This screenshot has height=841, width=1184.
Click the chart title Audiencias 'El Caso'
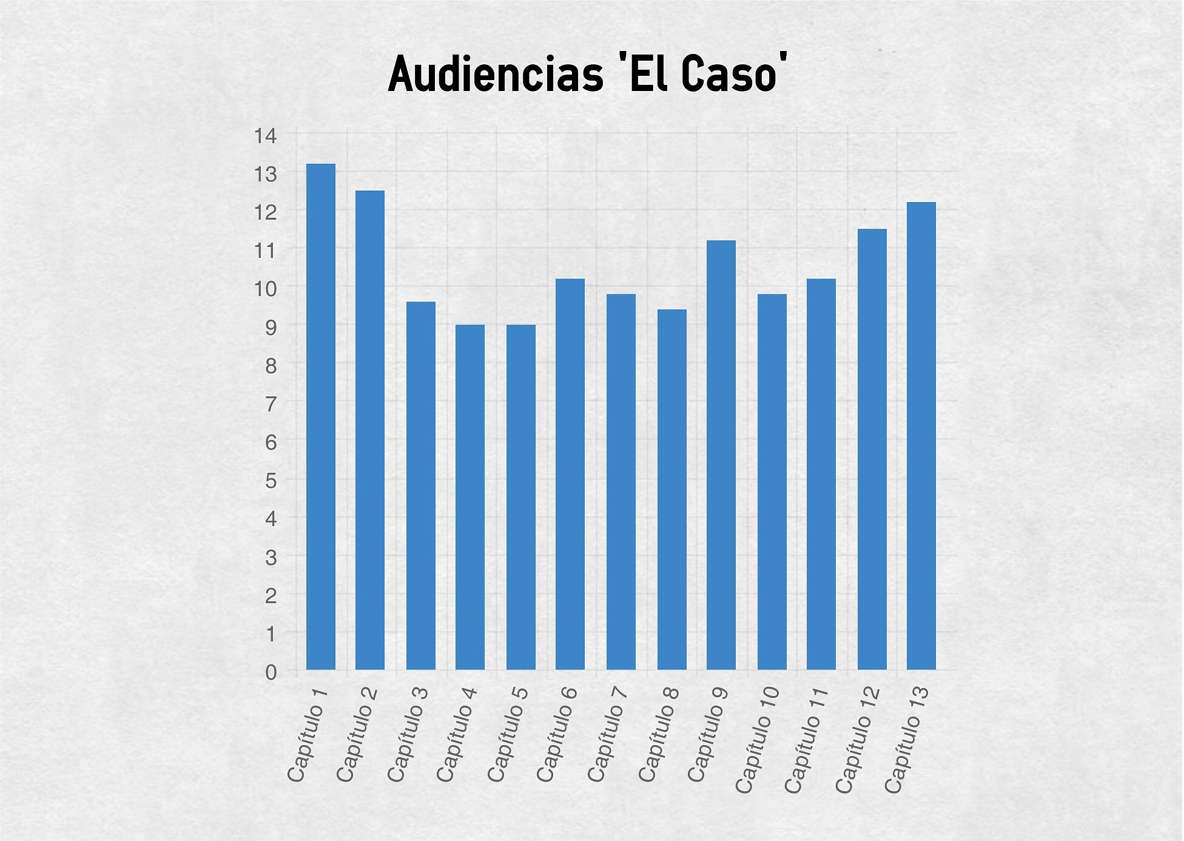pos(588,74)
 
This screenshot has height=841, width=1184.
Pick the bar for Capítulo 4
pos(470,497)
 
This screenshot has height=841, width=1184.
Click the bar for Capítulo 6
pos(570,474)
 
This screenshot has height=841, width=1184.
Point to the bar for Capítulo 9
pos(721,455)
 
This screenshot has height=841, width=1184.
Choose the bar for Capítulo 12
pos(872,449)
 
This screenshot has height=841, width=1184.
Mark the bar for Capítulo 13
pos(921,436)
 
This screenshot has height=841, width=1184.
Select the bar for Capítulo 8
pos(672,489)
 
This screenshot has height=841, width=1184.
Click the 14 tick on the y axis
pos(266,136)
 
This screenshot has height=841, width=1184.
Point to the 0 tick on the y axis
pos(271,672)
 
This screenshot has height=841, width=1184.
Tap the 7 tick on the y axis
pos(271,404)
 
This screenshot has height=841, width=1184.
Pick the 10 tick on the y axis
pos(266,289)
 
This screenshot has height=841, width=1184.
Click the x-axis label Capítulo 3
pos(408,734)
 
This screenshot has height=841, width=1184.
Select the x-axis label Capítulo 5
pos(508,734)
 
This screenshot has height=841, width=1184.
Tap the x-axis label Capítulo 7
pos(608,734)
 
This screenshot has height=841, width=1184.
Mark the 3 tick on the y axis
pos(271,557)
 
